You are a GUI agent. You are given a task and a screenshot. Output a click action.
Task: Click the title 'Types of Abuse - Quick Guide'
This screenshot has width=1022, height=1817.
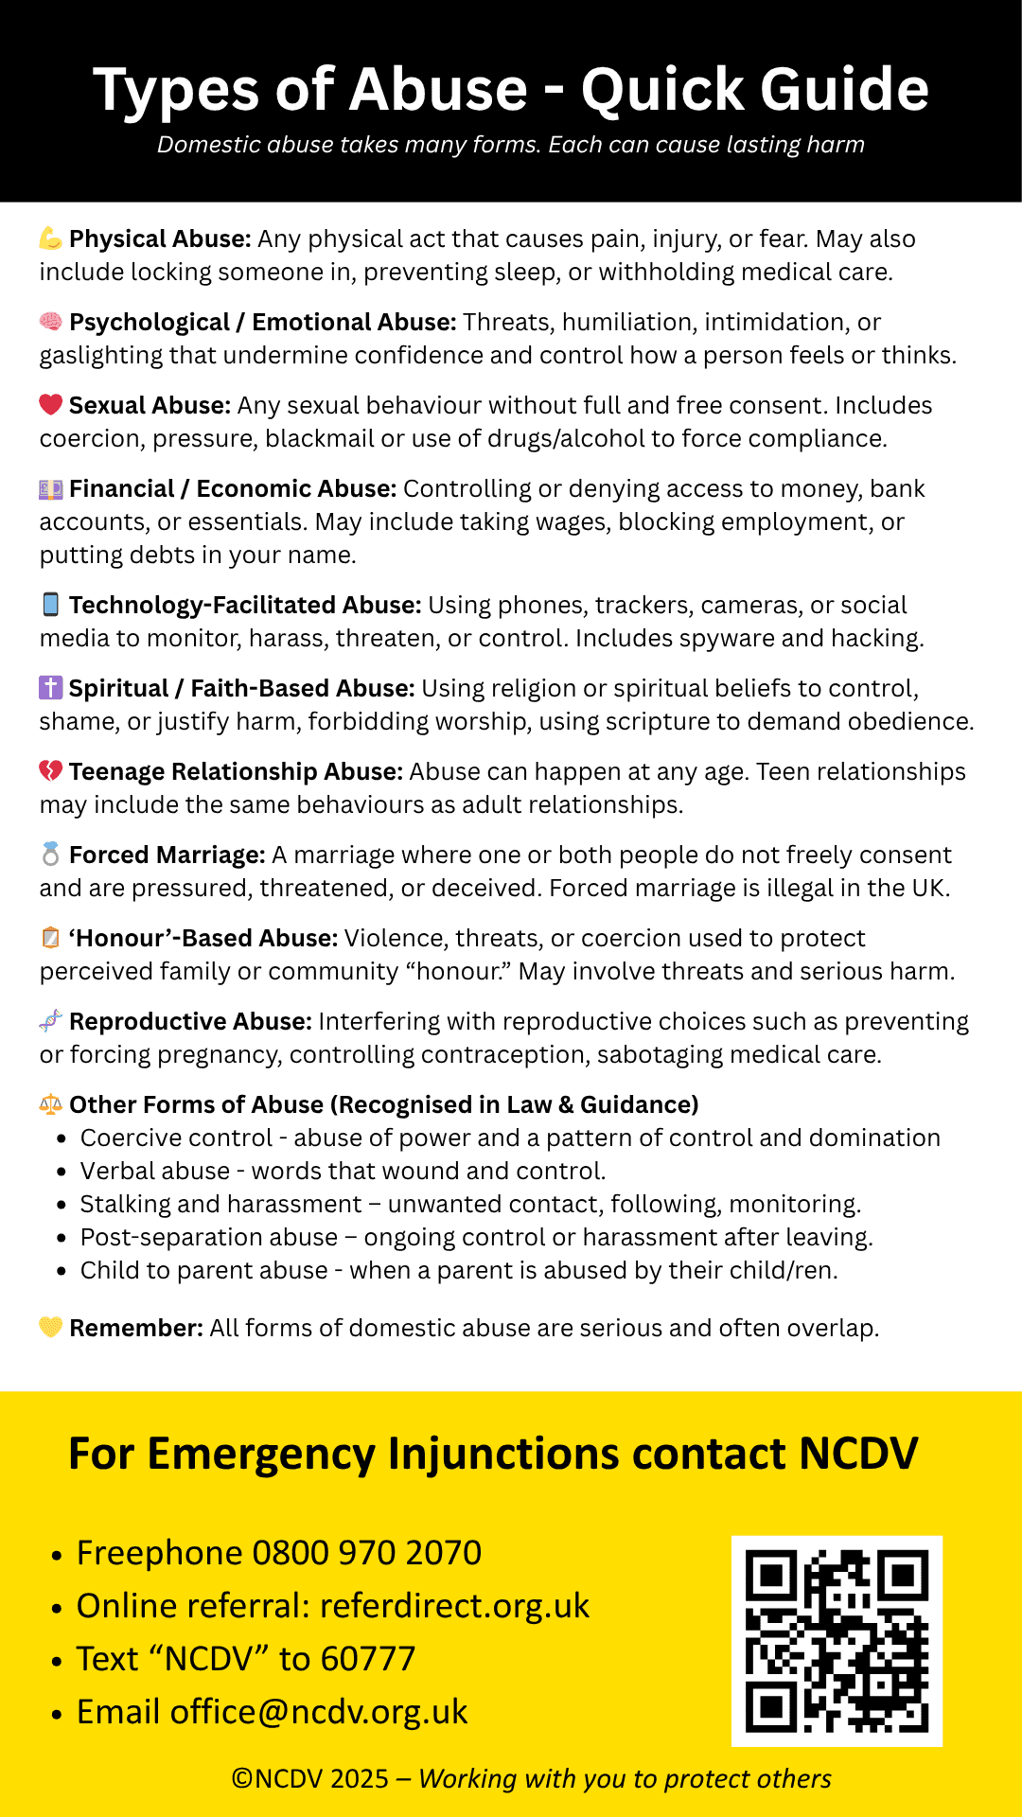click(x=511, y=90)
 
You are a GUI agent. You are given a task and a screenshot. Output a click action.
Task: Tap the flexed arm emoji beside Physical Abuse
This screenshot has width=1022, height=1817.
click(x=51, y=238)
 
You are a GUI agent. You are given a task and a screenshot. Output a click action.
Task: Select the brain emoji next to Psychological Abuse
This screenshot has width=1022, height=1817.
click(x=51, y=322)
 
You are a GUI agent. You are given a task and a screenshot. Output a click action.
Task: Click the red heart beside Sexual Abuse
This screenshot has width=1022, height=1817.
click(x=51, y=405)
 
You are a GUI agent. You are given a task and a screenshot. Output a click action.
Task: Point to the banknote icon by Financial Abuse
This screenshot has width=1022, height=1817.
click(x=51, y=489)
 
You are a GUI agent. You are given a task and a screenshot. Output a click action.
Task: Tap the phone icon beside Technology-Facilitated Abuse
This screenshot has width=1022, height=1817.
click(x=51, y=605)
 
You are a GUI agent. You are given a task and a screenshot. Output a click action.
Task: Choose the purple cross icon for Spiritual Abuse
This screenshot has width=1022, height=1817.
click(x=51, y=688)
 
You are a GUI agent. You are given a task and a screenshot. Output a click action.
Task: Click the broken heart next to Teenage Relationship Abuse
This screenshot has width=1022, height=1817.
click(x=51, y=771)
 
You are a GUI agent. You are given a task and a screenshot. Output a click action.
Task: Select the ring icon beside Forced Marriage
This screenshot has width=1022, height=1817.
click(x=51, y=855)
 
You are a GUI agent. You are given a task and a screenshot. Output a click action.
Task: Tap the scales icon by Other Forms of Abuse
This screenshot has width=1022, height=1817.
click(x=51, y=1104)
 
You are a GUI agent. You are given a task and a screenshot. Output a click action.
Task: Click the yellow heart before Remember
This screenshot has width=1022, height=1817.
click(x=51, y=1328)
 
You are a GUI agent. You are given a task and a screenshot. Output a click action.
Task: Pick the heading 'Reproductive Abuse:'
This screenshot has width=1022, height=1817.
click(x=190, y=1022)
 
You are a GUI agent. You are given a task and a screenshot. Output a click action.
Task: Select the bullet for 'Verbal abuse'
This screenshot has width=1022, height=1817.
click(x=62, y=1172)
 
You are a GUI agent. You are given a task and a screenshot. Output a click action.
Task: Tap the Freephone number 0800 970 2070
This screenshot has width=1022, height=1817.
click(x=367, y=1553)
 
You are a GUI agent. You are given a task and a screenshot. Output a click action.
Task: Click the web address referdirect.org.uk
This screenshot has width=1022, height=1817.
click(x=454, y=1606)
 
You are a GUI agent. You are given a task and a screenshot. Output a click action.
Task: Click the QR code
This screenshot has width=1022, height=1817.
click(x=837, y=1640)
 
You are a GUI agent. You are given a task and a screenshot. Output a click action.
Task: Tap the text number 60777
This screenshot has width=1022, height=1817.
click(x=368, y=1659)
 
